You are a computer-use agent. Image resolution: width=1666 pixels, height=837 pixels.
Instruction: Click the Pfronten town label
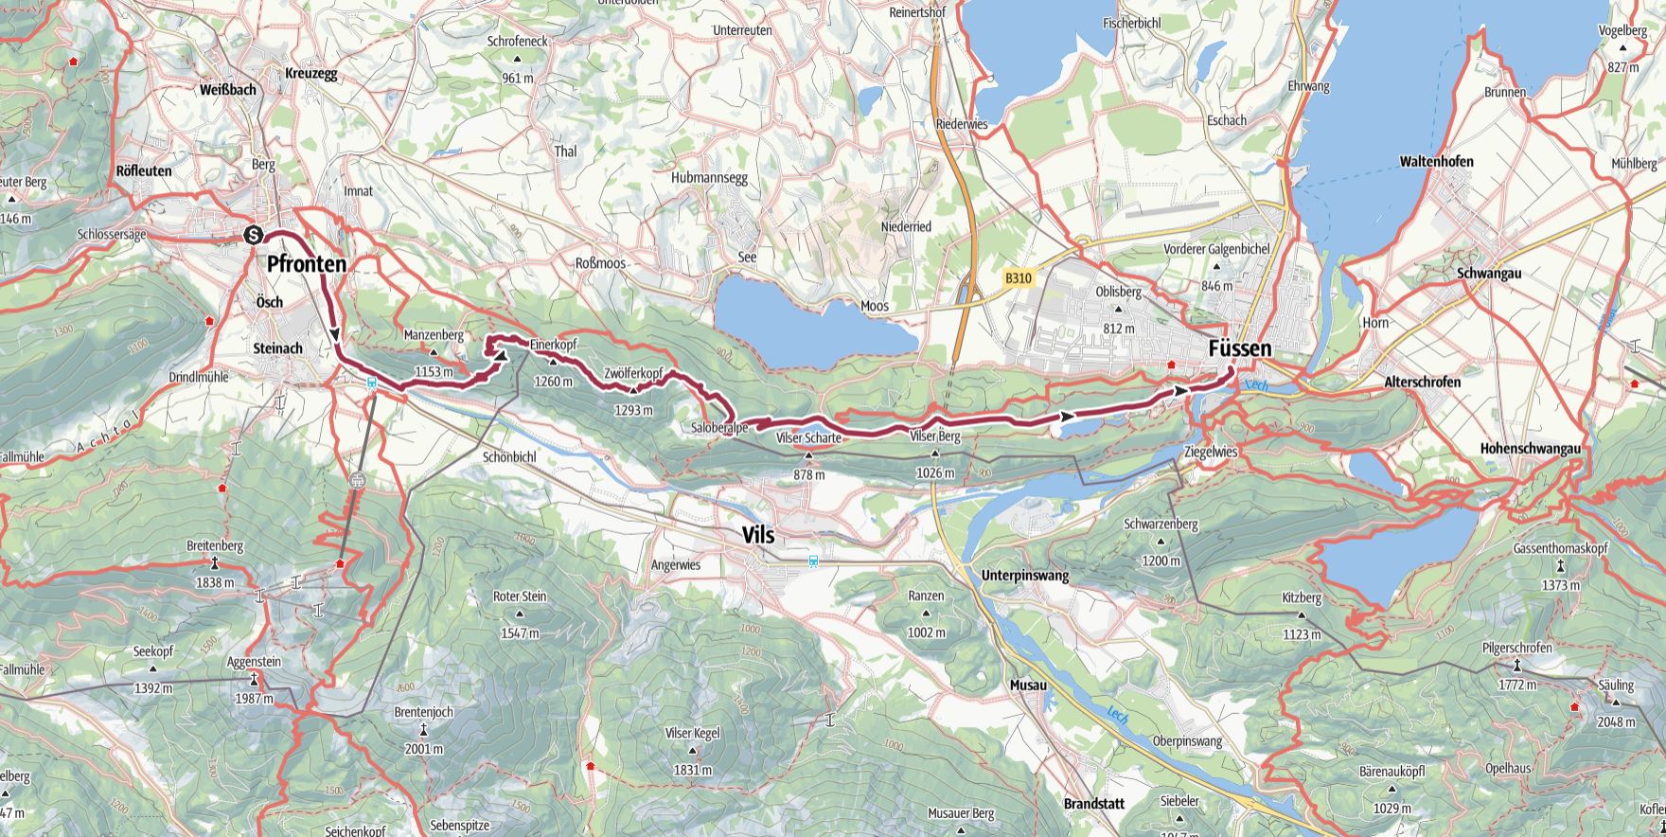click(307, 265)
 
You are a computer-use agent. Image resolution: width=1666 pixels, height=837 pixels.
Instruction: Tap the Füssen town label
click(1239, 349)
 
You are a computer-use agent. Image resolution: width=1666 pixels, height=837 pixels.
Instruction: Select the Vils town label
click(758, 535)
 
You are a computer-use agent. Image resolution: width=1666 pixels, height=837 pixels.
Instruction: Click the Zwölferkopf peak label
click(632, 373)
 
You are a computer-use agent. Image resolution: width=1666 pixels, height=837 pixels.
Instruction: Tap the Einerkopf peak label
click(553, 345)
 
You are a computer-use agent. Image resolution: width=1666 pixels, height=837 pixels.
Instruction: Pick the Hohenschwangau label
click(1530, 449)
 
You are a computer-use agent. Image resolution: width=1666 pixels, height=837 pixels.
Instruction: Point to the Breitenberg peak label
click(215, 546)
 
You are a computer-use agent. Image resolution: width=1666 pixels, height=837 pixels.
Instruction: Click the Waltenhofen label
click(1436, 162)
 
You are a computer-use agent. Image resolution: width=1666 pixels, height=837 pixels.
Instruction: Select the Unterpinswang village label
click(1025, 576)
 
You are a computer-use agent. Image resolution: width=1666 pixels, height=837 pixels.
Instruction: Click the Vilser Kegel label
click(693, 733)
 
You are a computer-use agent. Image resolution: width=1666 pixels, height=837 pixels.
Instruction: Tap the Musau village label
click(1029, 685)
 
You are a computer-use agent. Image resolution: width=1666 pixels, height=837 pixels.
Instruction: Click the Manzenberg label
click(433, 335)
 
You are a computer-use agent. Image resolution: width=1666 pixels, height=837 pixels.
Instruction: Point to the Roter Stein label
click(520, 597)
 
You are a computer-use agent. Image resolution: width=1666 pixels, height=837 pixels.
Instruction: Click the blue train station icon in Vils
click(813, 561)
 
